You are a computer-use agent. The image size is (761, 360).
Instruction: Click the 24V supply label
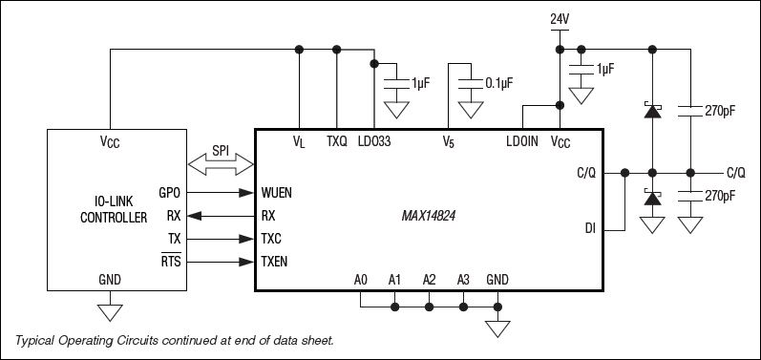(x=559, y=18)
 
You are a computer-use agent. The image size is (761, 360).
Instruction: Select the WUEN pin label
(x=277, y=192)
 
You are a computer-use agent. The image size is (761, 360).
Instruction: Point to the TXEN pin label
(x=275, y=259)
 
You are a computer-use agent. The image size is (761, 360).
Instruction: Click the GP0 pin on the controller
(x=169, y=192)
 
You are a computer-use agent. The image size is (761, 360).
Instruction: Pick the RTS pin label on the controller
(x=170, y=259)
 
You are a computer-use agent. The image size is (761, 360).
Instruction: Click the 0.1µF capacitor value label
(x=499, y=83)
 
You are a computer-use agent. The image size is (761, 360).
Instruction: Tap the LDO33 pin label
(x=373, y=141)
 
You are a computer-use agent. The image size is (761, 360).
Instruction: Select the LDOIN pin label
(x=523, y=141)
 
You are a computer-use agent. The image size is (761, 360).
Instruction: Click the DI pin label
(x=590, y=228)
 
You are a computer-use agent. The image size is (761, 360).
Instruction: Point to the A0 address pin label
(x=360, y=280)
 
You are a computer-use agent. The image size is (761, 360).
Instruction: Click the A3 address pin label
(x=462, y=280)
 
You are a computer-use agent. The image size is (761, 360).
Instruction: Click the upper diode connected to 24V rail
(x=651, y=111)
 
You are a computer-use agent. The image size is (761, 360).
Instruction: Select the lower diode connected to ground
(x=651, y=200)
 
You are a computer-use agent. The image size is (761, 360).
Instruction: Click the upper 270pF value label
(x=719, y=112)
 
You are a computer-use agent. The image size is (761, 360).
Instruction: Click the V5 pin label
(x=448, y=141)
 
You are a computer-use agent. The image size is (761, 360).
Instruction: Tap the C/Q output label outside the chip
(x=735, y=173)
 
